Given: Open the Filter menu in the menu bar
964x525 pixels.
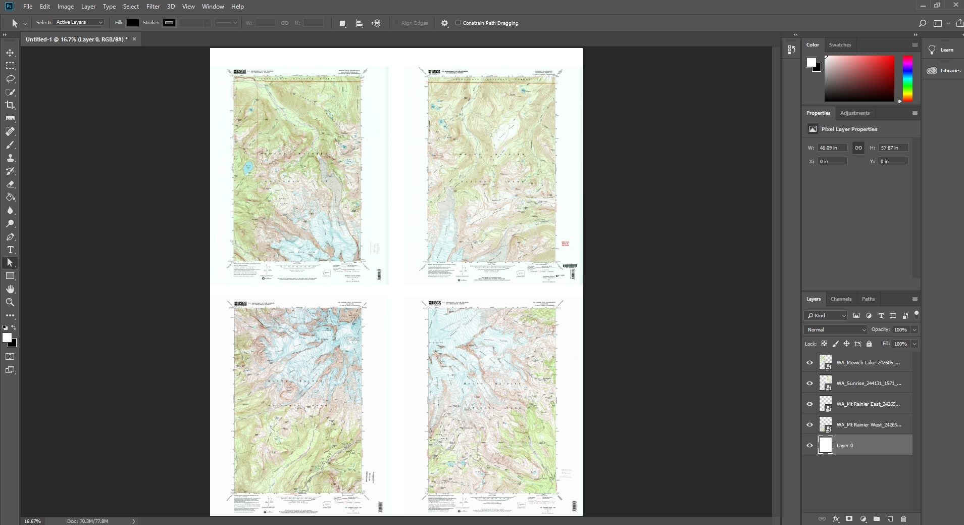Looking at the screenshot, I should [x=153, y=7].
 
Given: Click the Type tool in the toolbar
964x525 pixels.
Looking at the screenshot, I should [x=10, y=250].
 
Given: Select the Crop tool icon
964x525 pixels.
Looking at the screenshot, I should [x=10, y=105].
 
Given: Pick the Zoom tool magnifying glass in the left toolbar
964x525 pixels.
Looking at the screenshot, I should [x=10, y=302].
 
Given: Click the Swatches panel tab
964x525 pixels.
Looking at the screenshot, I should [x=840, y=45].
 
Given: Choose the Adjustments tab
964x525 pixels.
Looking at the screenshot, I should [x=854, y=113].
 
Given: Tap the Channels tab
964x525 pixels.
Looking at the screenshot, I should [x=841, y=299].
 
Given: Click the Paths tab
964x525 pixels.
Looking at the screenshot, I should [x=868, y=299].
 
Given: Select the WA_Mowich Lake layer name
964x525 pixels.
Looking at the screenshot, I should [x=868, y=363].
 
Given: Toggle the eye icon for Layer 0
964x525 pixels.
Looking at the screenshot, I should [x=809, y=446].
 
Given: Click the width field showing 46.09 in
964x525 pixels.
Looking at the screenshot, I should [x=832, y=148].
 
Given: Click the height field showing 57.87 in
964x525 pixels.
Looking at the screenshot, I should [x=893, y=148].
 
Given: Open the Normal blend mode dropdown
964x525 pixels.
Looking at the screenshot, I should [x=836, y=330].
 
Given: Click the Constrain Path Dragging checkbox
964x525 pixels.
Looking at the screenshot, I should [x=458, y=23].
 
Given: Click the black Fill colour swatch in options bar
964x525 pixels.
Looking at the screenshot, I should [x=132, y=23].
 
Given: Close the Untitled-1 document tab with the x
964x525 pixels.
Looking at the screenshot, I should [x=134, y=39].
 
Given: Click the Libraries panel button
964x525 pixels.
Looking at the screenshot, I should [x=943, y=71].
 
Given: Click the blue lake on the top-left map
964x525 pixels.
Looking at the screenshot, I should [x=247, y=168].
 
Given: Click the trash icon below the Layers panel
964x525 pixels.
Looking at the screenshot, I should [x=903, y=519].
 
